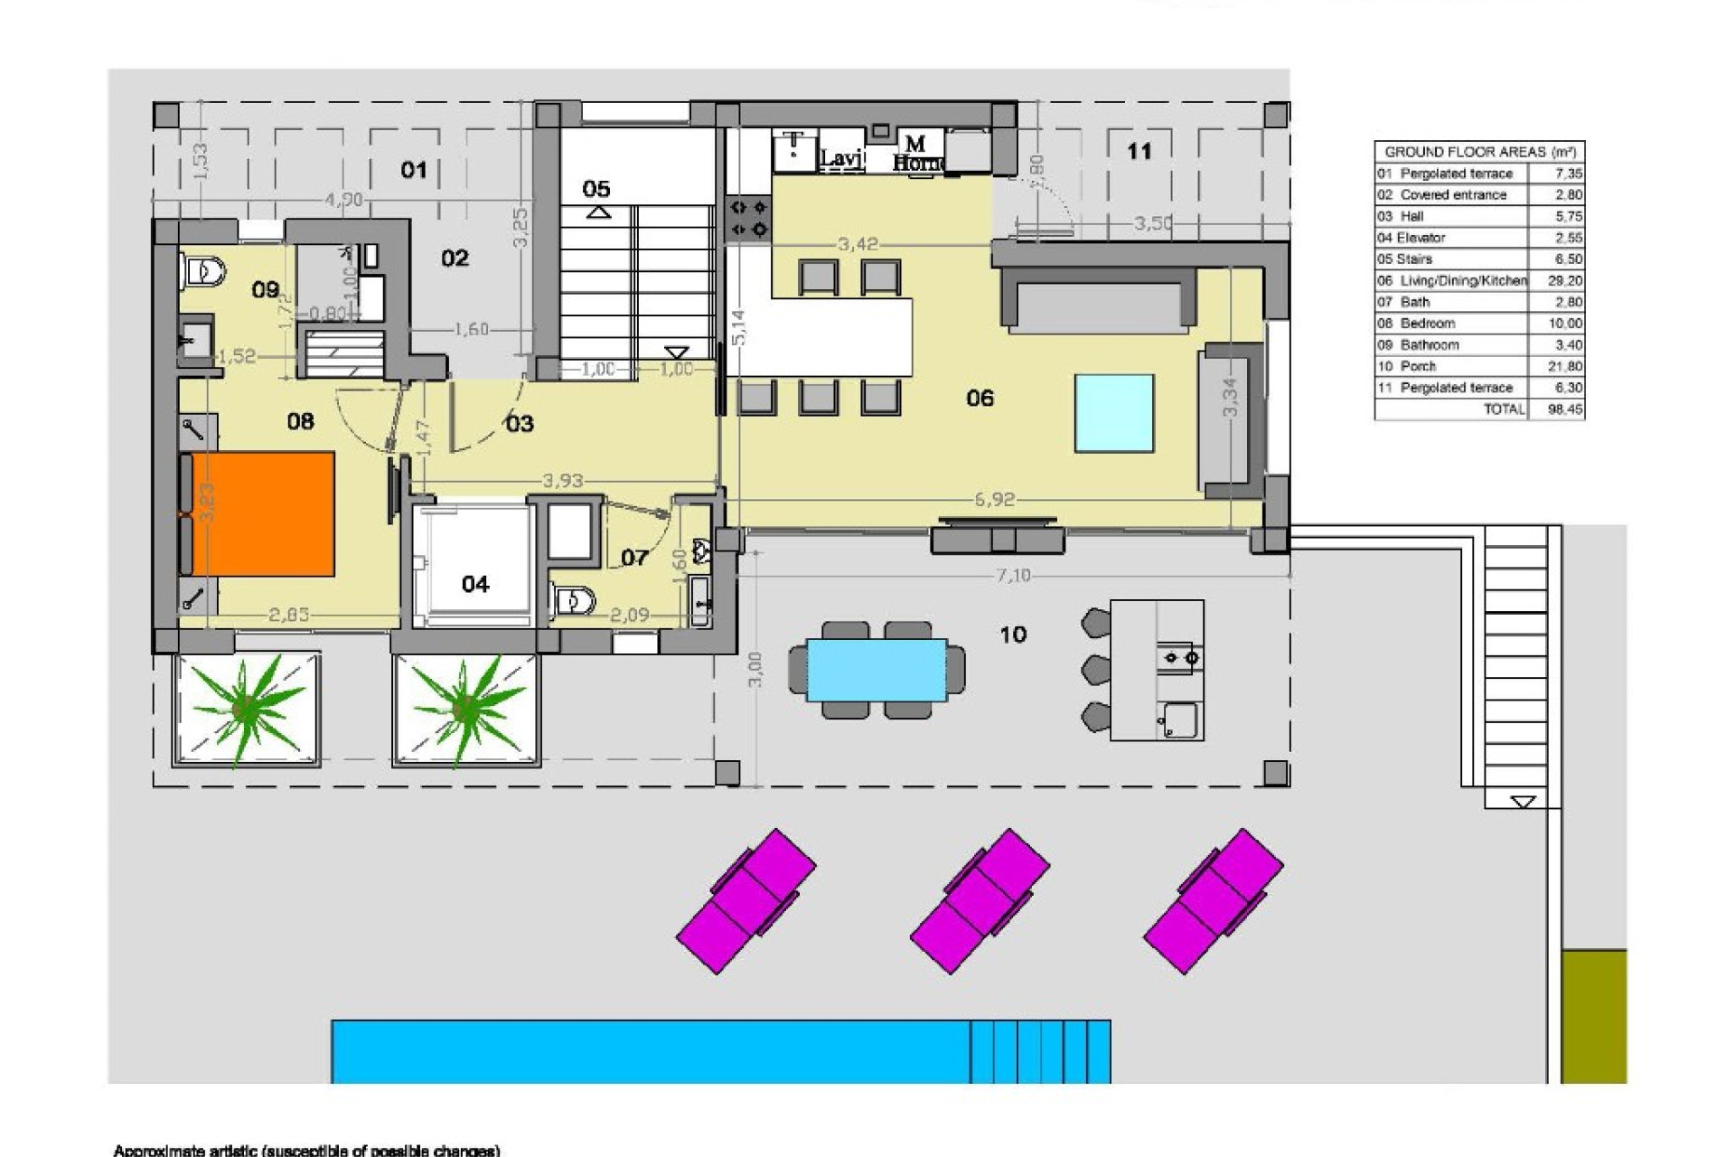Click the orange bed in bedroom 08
tap(263, 513)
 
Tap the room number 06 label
tap(980, 398)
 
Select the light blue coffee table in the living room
tap(1113, 413)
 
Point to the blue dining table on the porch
tap(877, 670)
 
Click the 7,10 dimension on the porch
tap(1013, 576)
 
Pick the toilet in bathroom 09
tap(205, 269)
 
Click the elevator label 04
tap(475, 585)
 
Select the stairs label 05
tap(596, 188)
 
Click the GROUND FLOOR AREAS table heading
tap(1479, 152)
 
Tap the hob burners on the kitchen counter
tap(749, 218)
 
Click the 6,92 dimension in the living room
tap(995, 499)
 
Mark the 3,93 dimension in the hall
tap(563, 481)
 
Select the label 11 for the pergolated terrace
tap(1139, 151)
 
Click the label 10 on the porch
tap(1013, 635)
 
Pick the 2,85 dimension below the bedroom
tap(289, 615)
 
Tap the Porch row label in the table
tap(1418, 366)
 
